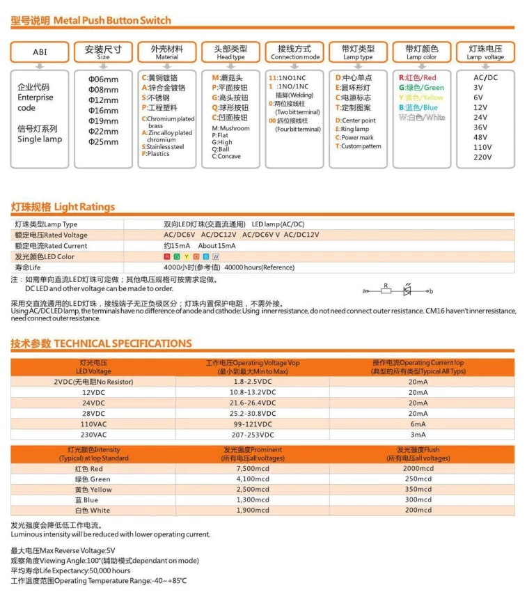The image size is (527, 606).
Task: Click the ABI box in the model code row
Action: coord(40,52)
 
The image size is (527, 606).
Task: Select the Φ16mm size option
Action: coord(104,111)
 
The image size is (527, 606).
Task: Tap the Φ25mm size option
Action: coord(104,142)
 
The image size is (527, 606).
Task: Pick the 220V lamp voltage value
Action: coord(482,157)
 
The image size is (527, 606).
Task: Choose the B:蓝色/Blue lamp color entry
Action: coord(418,107)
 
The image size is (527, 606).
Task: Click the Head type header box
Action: coord(230,52)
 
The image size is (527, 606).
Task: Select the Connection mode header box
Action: coord(294,52)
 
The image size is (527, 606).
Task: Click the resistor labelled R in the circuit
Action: coord(386,290)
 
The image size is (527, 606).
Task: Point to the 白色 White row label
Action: coord(92,511)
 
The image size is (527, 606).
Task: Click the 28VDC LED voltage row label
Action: coord(93,413)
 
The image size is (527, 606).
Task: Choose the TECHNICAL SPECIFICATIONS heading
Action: coord(101,343)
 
